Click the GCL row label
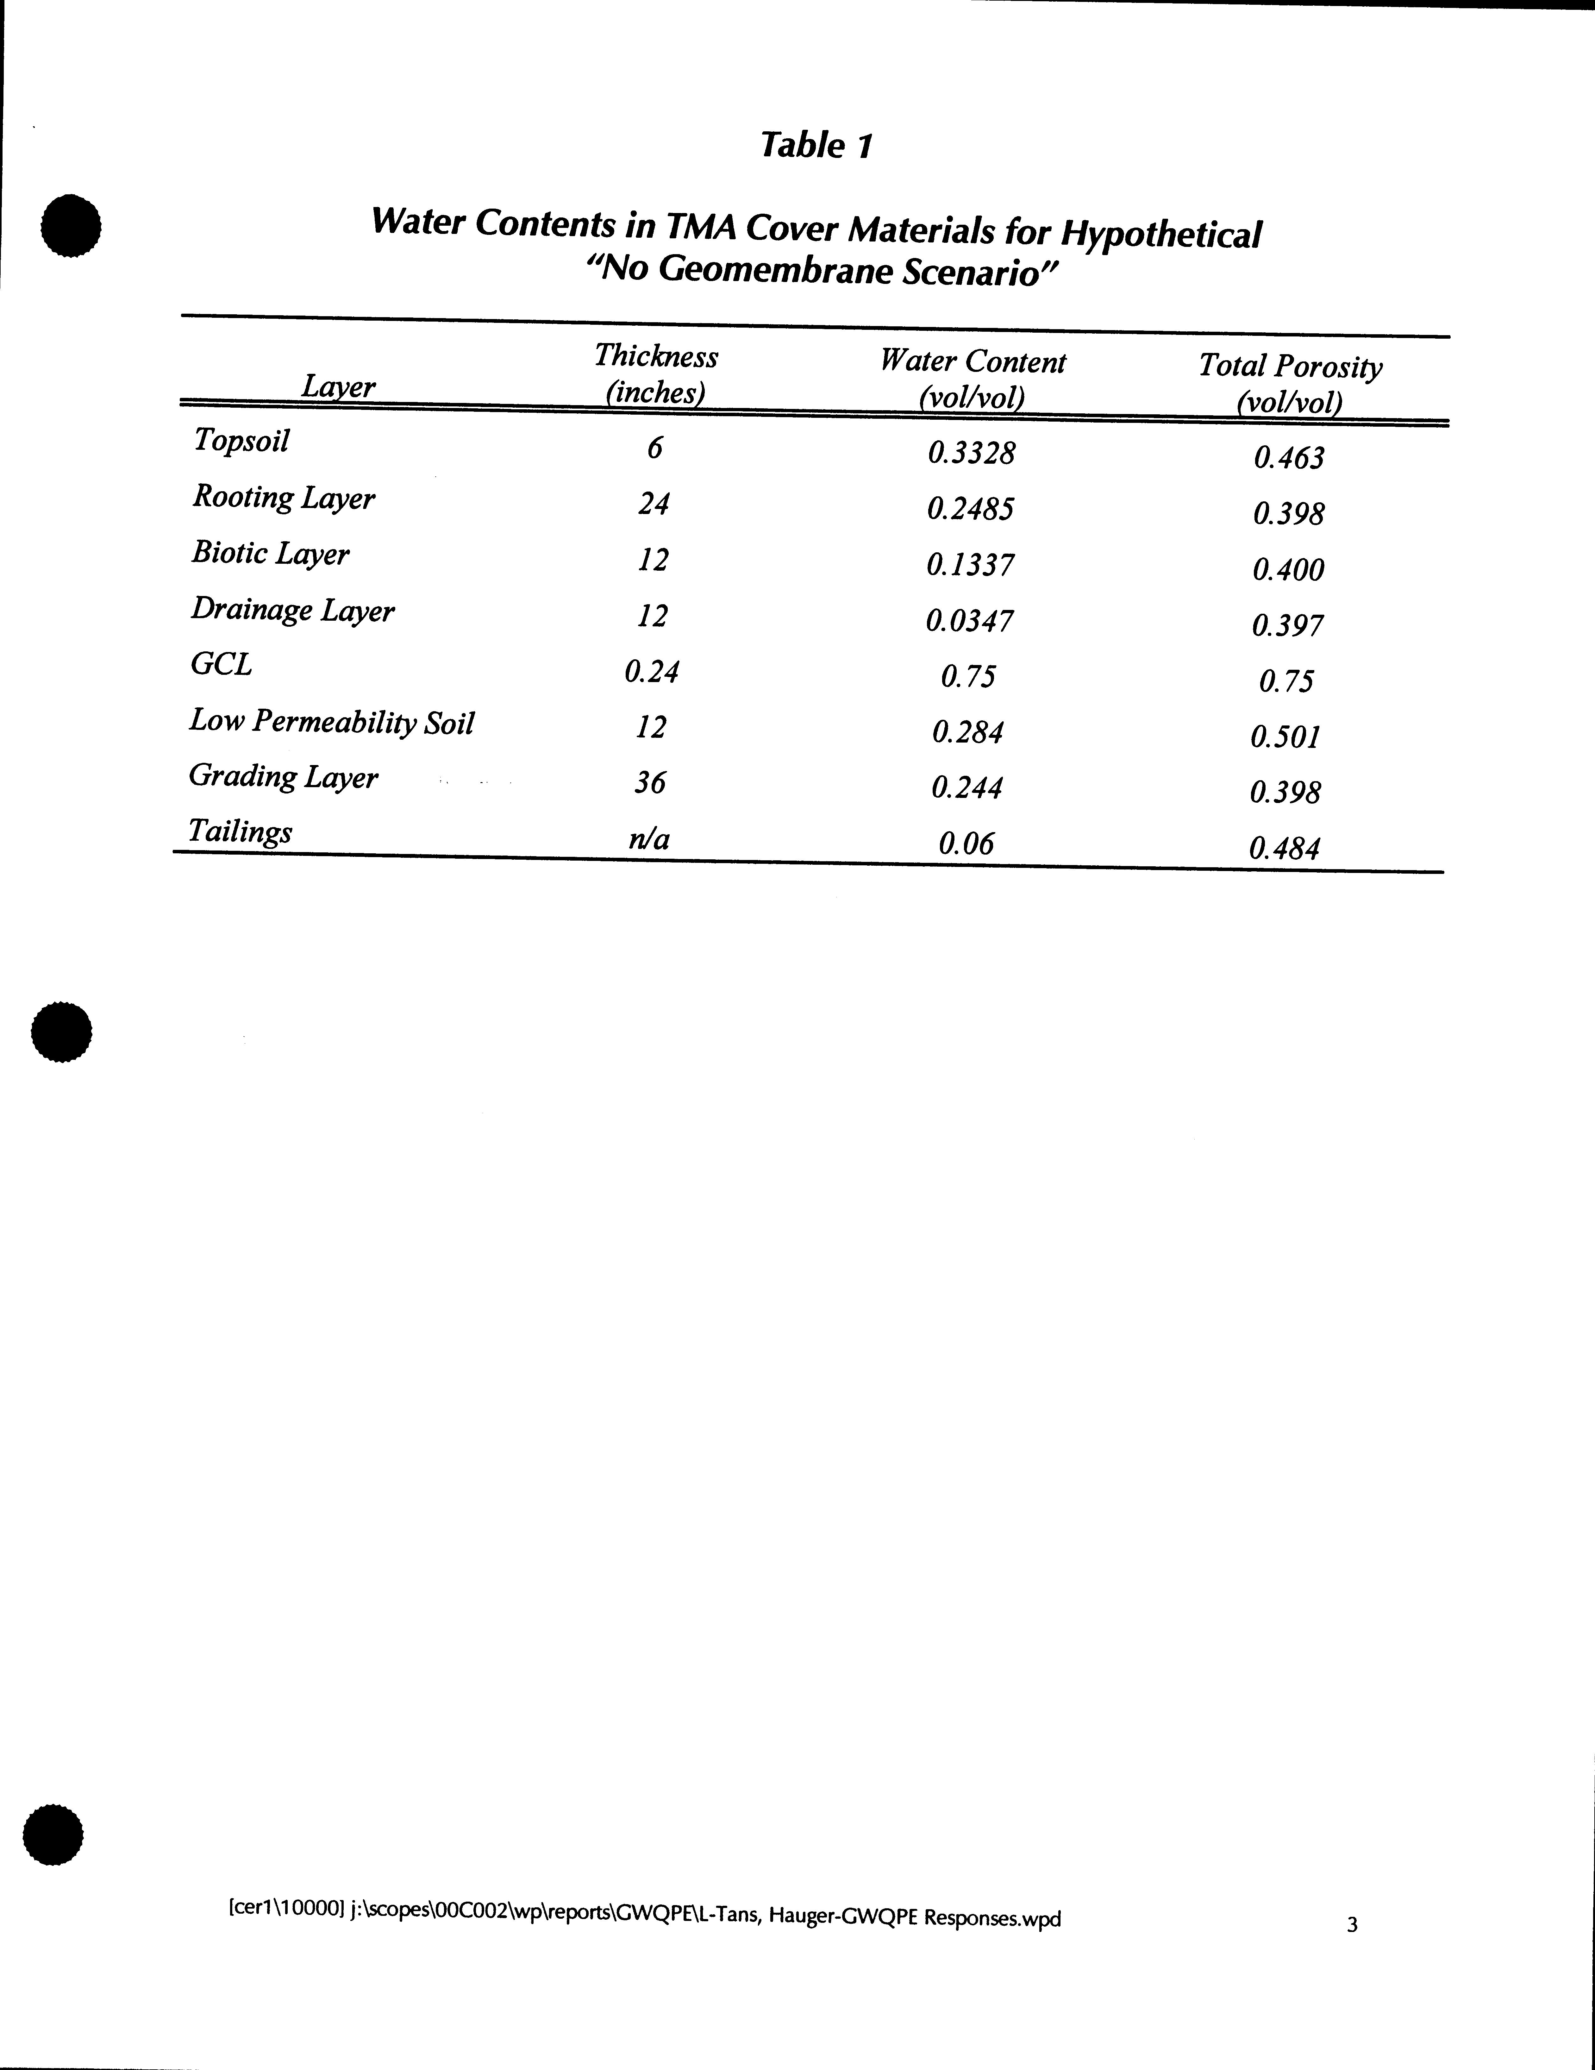click(221, 664)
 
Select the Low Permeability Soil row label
click(332, 722)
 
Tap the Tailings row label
click(240, 831)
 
